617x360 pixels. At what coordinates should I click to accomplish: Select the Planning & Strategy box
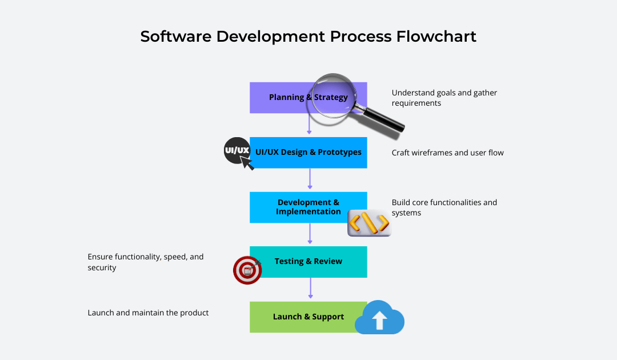click(x=280, y=98)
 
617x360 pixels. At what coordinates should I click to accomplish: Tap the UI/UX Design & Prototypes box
click(x=308, y=153)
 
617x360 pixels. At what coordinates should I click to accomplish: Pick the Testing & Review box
click(x=308, y=262)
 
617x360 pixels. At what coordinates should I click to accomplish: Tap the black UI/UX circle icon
click(x=237, y=151)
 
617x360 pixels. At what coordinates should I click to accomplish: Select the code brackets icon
click(x=369, y=222)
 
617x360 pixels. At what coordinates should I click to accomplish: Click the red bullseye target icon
click(x=247, y=270)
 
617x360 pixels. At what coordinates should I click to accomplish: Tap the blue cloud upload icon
click(x=379, y=318)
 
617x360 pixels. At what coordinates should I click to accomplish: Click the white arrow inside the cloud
click(x=379, y=321)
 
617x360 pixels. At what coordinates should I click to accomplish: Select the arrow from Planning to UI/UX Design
click(x=309, y=123)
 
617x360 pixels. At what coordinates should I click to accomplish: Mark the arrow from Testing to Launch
click(x=310, y=289)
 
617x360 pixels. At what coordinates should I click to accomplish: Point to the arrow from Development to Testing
click(x=310, y=234)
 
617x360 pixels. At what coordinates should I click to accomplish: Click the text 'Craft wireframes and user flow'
click(x=447, y=153)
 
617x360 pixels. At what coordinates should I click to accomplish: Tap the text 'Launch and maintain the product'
click(x=148, y=313)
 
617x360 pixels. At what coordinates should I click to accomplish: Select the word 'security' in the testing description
click(x=102, y=268)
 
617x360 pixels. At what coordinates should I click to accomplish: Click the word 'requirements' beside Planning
click(x=416, y=103)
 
